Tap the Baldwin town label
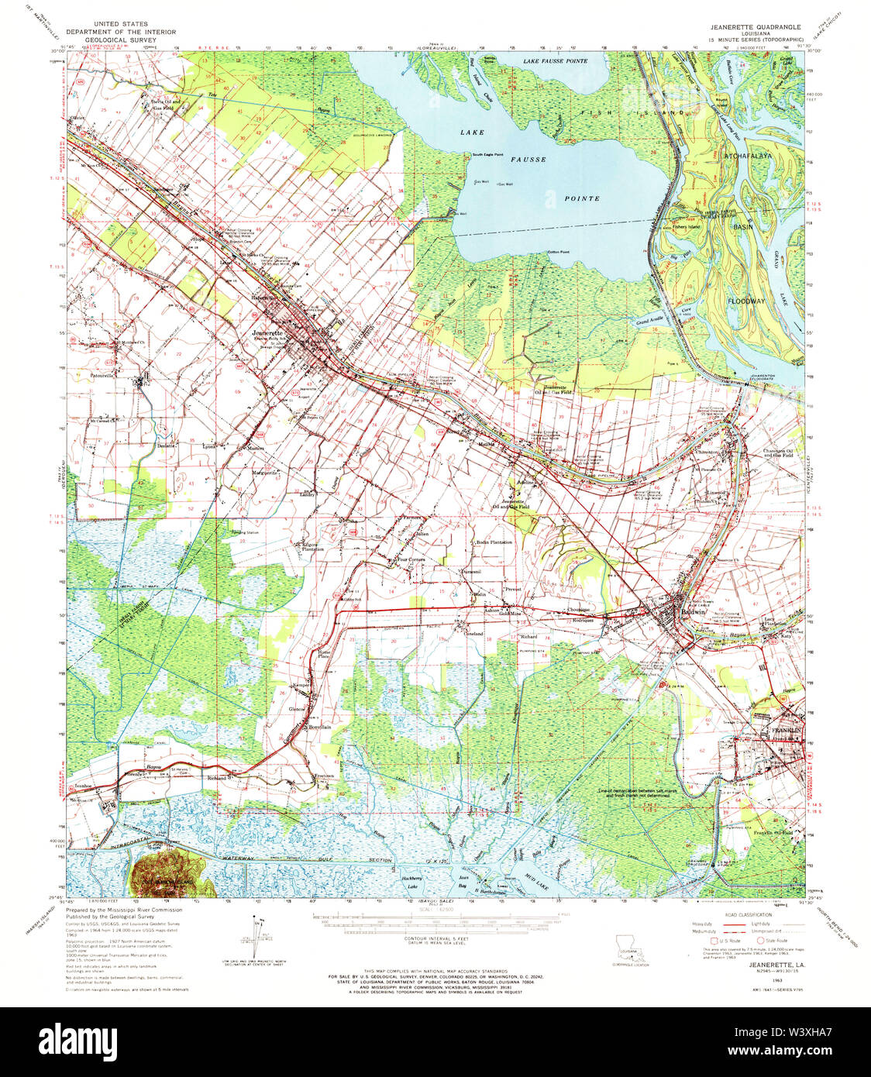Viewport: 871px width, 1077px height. click(x=692, y=611)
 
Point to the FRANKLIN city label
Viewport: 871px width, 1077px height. click(x=785, y=731)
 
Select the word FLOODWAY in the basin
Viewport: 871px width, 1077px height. click(x=746, y=299)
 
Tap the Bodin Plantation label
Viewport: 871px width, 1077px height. click(x=494, y=542)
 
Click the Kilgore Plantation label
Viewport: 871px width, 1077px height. click(x=312, y=547)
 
